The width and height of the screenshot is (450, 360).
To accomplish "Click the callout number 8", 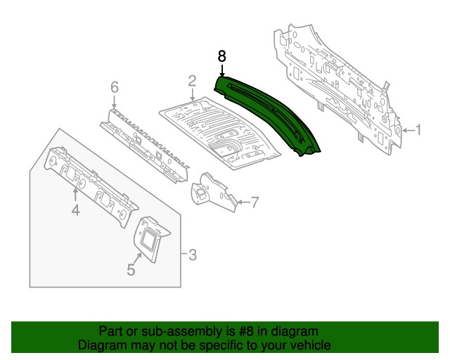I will coord(222,56).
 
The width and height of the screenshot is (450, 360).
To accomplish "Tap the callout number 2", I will coord(191,83).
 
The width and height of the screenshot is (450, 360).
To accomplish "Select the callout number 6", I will coord(114,87).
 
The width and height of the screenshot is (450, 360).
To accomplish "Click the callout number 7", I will coord(255,203).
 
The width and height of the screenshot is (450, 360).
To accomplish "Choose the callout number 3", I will coord(191,254).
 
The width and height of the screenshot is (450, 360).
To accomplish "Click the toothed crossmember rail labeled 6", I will coord(144,141).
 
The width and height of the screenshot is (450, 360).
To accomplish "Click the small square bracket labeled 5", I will coord(150,236).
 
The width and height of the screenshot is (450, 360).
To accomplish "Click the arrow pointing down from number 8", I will coord(222,70).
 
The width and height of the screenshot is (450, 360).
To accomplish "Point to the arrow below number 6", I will coord(114,100).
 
